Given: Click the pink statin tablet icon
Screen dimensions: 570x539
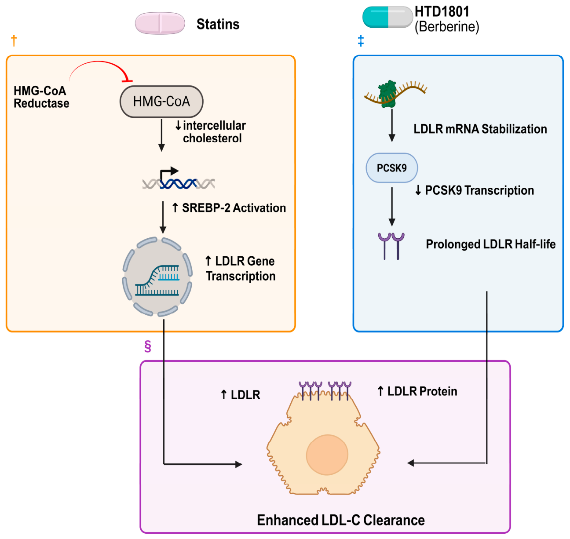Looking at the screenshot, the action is [160, 23].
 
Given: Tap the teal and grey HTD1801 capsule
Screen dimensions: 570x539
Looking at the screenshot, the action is [387, 17].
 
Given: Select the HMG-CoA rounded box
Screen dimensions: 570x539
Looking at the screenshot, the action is [161, 102].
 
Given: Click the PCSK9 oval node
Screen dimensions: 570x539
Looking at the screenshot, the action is [392, 168].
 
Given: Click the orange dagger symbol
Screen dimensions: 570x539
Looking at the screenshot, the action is [14, 40].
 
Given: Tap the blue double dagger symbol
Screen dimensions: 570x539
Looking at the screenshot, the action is [361, 41].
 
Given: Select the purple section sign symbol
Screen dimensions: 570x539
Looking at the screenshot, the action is [148, 346].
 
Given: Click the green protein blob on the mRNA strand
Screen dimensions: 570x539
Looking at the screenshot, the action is [387, 94].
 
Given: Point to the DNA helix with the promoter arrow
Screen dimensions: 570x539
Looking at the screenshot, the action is [179, 178].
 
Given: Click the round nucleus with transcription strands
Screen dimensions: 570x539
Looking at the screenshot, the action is [157, 277].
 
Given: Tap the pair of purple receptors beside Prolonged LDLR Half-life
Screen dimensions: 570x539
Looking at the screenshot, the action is [391, 246].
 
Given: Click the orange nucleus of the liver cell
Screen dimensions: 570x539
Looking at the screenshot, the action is [327, 455].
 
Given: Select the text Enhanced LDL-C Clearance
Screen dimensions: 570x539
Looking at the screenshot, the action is [341, 520].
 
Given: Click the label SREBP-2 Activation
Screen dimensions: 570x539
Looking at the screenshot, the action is [234, 208].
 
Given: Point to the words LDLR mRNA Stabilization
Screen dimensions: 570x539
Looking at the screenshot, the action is [480, 129].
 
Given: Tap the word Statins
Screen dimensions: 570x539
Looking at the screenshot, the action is [218, 24].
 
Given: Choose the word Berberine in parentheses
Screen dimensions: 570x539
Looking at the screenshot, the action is [447, 27].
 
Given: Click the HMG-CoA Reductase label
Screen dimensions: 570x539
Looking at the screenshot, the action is [41, 97].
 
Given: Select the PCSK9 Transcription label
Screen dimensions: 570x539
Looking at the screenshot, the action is [479, 190].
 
